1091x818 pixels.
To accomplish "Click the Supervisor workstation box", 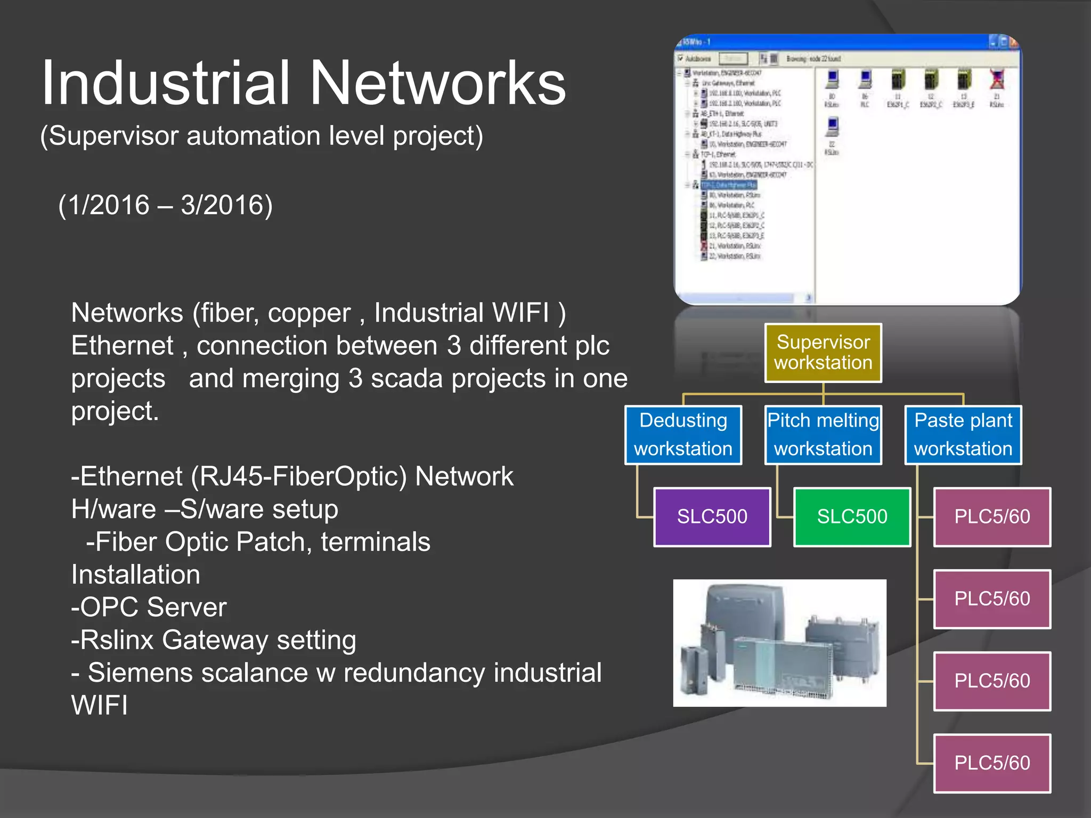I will coord(823,353).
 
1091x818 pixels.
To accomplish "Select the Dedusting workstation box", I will coord(683,435).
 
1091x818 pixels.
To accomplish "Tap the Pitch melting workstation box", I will coord(823,435).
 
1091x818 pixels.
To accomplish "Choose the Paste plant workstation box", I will coord(963,435).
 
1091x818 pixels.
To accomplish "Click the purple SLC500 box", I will coord(712,517).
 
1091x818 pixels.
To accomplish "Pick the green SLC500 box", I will coord(852,517).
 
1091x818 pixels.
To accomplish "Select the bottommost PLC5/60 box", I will coord(992,763).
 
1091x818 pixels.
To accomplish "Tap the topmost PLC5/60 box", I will coord(992,517).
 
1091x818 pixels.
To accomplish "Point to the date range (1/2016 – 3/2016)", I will coord(165,205).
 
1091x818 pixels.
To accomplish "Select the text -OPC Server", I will coord(149,607).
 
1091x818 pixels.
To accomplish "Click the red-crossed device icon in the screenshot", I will coord(997,80).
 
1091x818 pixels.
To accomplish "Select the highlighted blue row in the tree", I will coord(728,185).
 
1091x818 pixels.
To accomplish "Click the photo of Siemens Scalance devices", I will coord(779,643).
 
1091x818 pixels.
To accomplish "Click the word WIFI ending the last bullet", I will coord(100,705).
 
